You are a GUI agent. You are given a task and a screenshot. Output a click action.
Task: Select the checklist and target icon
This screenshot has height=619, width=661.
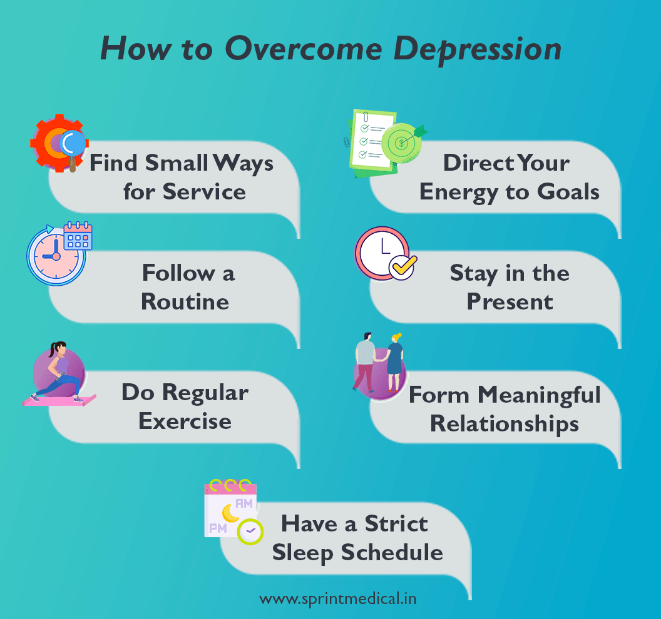pyautogui.click(x=382, y=143)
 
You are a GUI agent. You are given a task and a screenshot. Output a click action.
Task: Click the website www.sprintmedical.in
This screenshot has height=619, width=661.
pyautogui.click(x=338, y=598)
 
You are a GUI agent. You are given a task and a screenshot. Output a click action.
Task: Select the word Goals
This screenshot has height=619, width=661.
pyautogui.click(x=566, y=191)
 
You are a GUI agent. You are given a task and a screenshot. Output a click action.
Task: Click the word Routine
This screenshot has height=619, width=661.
pyautogui.click(x=185, y=301)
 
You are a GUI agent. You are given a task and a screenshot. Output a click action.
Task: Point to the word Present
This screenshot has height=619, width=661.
pyautogui.click(x=510, y=301)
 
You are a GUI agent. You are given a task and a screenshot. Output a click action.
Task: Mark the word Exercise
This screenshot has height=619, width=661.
pyautogui.click(x=185, y=421)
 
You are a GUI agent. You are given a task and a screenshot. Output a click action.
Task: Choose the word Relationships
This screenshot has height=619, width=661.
pyautogui.click(x=504, y=424)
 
